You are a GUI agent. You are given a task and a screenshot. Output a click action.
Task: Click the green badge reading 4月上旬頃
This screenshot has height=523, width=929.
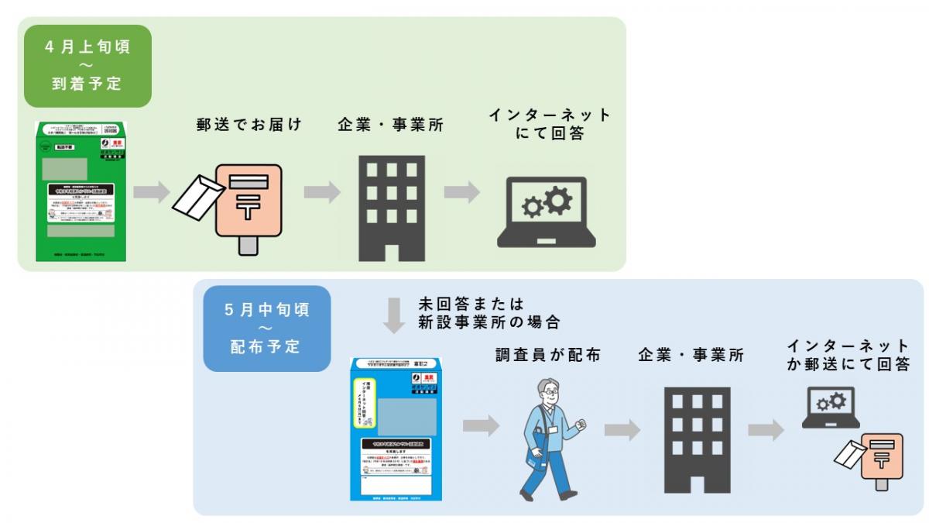coord(87,65)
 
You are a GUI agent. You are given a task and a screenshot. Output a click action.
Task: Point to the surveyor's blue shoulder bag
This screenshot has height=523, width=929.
coord(534,456)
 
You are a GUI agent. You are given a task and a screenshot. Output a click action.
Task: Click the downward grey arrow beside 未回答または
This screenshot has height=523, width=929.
coord(395,313)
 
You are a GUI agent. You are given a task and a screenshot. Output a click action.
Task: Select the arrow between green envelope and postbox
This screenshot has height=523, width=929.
coord(152,192)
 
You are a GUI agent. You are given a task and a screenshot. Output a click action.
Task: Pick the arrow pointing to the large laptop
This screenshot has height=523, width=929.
coord(462,192)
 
